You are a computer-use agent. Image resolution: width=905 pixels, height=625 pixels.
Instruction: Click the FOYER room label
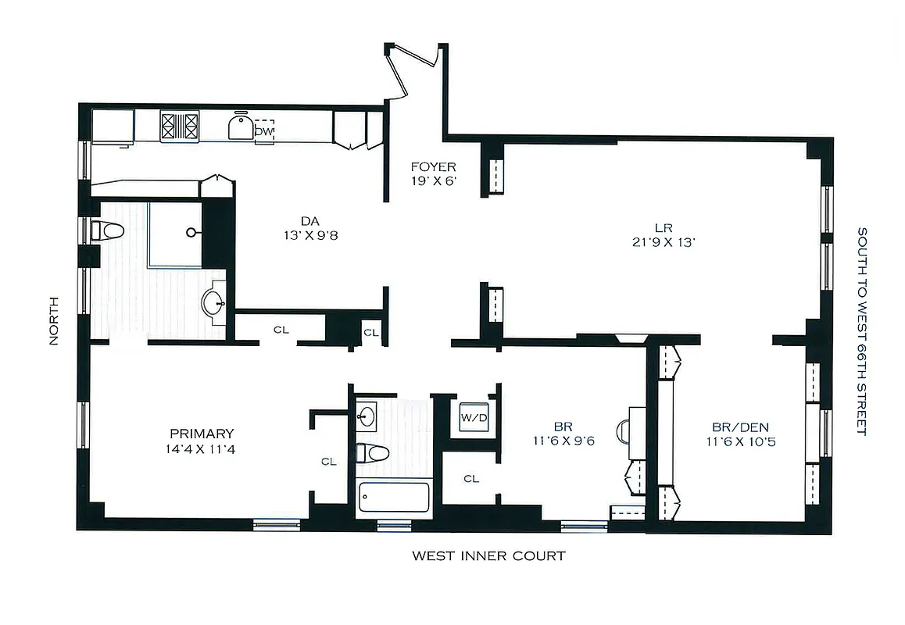[x=434, y=167]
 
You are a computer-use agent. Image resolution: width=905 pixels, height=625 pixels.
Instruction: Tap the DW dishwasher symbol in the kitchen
[x=264, y=131]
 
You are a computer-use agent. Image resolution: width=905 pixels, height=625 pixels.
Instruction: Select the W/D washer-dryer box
[x=474, y=417]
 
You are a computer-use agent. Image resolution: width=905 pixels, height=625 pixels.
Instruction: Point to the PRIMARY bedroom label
[x=202, y=434]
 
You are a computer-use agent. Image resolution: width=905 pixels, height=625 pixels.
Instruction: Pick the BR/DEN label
[x=740, y=427]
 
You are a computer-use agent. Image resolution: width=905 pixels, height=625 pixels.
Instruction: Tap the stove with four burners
[x=180, y=127]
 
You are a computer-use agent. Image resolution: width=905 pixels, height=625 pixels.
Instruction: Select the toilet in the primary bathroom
[x=108, y=230]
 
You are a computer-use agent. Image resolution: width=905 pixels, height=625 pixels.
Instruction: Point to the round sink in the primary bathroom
[x=213, y=303]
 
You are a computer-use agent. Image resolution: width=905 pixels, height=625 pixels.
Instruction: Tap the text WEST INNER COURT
[x=488, y=556]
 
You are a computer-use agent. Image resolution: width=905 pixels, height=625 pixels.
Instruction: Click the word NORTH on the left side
[x=54, y=320]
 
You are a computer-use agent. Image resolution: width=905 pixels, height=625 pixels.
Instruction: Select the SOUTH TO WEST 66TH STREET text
[x=862, y=331]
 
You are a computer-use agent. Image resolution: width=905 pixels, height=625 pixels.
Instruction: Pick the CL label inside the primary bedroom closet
[x=328, y=462]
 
